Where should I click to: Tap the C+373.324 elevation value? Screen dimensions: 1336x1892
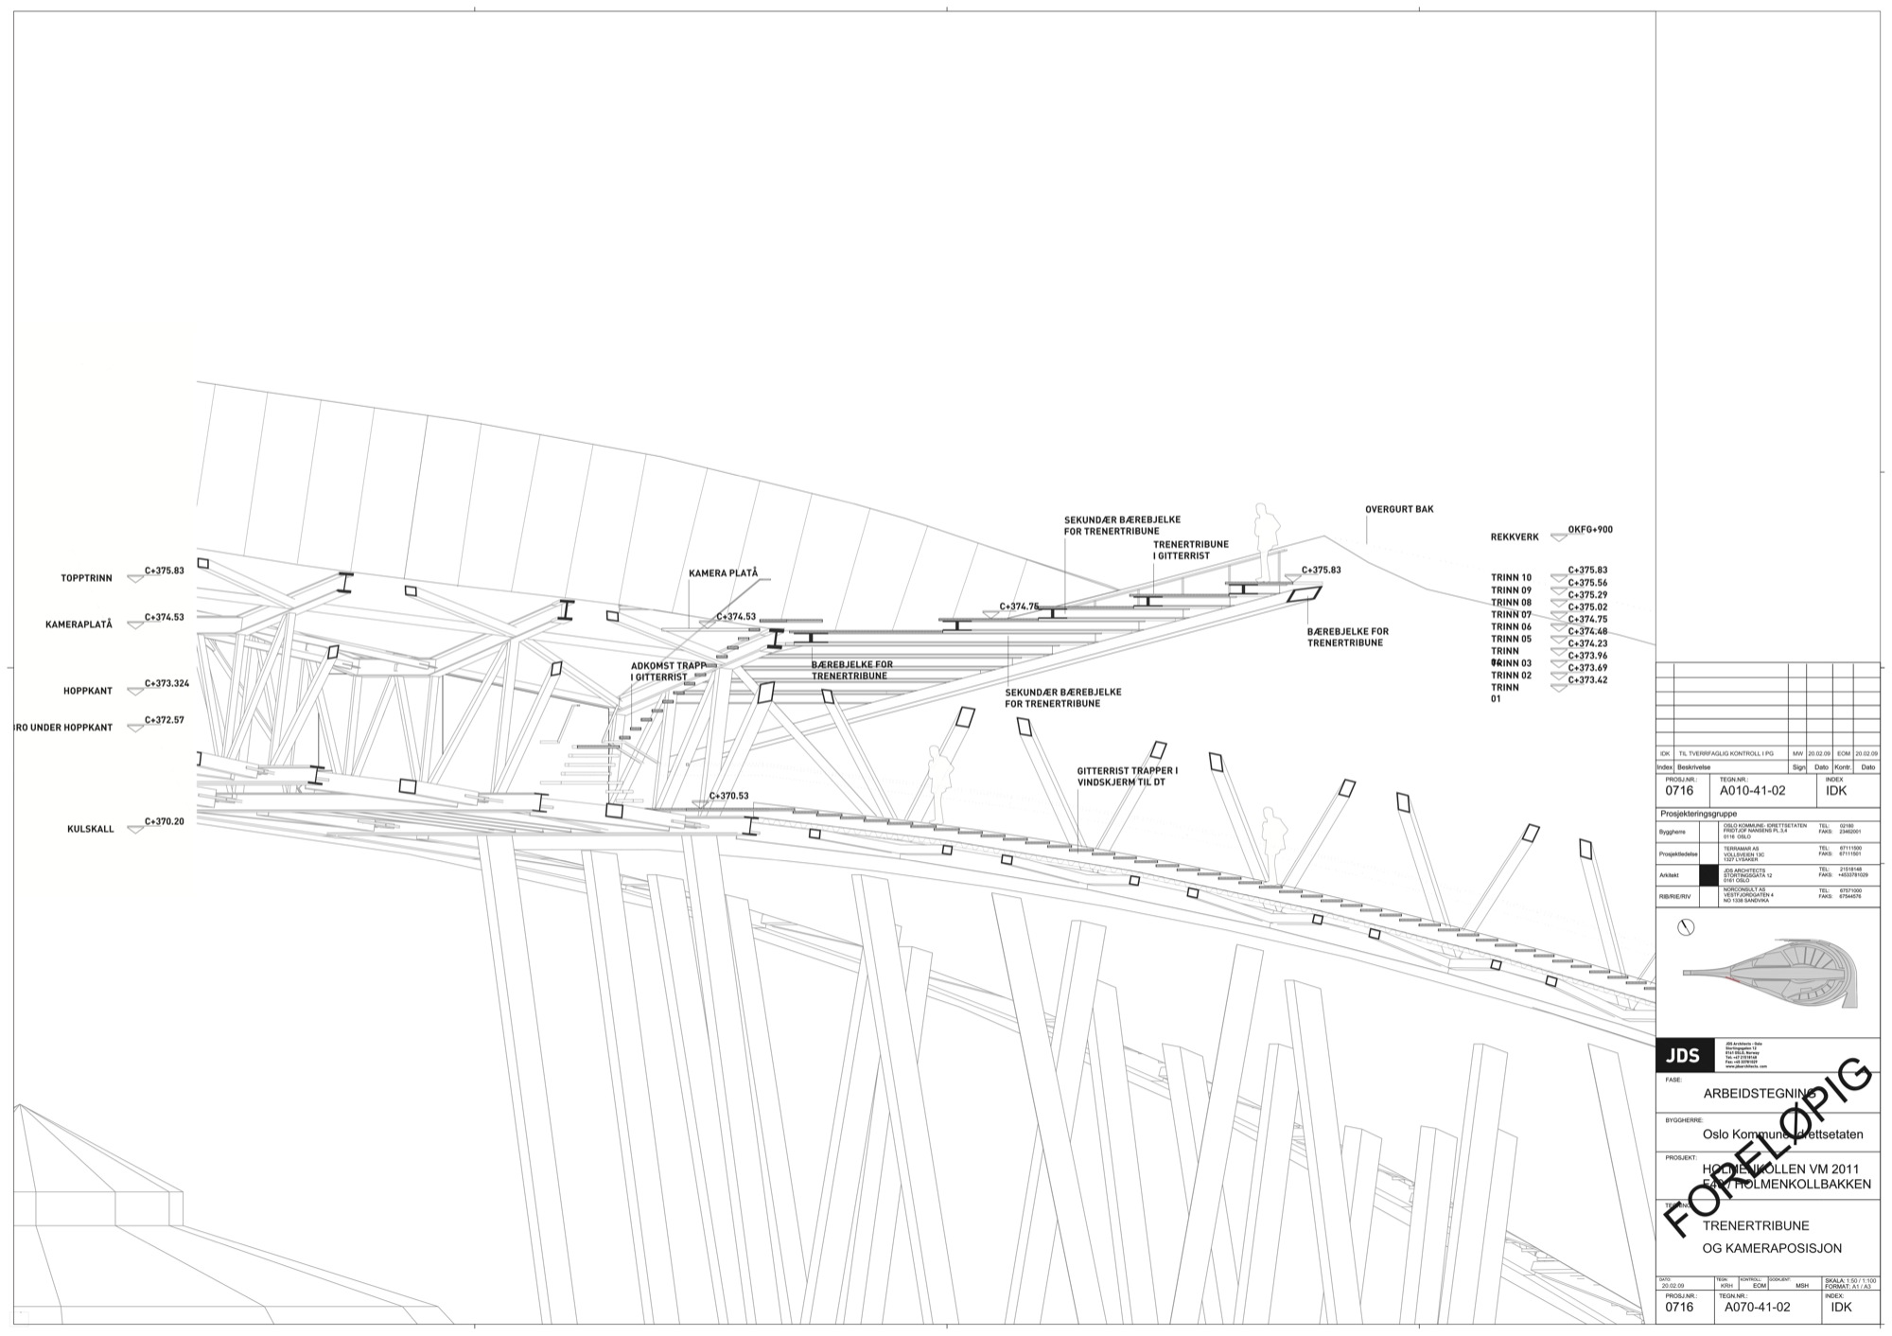click(167, 683)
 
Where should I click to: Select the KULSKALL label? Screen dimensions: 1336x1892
click(91, 829)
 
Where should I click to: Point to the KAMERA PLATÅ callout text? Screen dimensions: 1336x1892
click(723, 573)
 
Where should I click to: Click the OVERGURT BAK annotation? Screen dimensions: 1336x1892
click(1399, 509)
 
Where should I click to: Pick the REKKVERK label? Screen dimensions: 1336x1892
click(1515, 537)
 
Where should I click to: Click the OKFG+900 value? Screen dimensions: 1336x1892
click(1590, 530)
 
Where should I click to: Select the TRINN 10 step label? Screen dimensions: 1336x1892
click(1511, 577)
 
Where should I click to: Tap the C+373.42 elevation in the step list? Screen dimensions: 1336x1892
click(1587, 680)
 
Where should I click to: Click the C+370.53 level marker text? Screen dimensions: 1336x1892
click(728, 796)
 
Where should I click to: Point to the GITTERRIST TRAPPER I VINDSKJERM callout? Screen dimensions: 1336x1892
click(1127, 777)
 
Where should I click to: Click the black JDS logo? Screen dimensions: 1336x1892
click(1685, 1056)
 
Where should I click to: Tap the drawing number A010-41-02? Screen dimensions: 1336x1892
click(1752, 790)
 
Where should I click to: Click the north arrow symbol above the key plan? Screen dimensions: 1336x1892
click(1685, 927)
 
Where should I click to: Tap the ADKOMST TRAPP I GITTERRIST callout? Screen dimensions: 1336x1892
click(668, 671)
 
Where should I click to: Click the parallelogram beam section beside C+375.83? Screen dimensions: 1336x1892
click(1305, 594)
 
